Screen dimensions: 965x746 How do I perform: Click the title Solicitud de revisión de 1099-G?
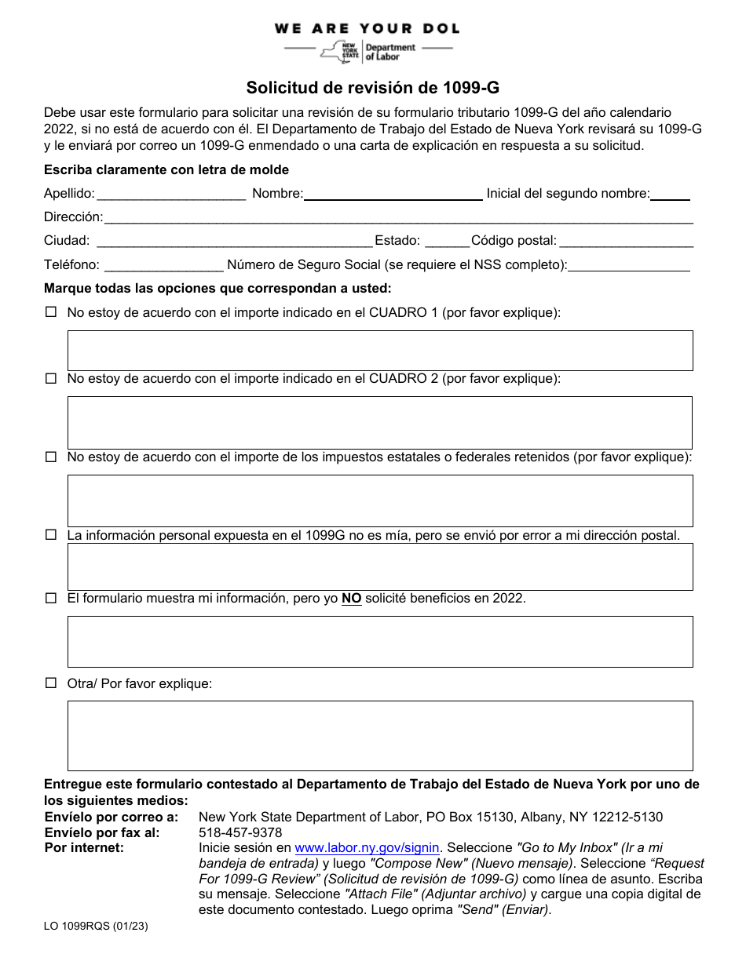[x=373, y=88]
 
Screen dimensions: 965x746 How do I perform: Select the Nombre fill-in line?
[x=393, y=195]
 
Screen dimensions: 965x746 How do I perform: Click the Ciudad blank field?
[x=233, y=242]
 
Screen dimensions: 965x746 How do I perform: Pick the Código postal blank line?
[x=626, y=242]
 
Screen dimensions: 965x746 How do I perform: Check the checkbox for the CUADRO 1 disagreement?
[x=51, y=312]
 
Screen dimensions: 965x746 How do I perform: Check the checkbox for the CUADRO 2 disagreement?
[x=51, y=378]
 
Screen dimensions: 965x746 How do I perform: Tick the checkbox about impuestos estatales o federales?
[x=51, y=457]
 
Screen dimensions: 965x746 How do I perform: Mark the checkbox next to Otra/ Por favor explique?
[x=51, y=683]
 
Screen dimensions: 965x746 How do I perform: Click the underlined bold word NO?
[x=351, y=599]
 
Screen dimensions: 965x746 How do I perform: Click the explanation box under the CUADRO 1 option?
[x=380, y=350]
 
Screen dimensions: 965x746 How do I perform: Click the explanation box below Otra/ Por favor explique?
[x=380, y=735]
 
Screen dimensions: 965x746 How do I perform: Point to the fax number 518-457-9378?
[x=240, y=832]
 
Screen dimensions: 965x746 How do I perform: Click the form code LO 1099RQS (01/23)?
[x=96, y=927]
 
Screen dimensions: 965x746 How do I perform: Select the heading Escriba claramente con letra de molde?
[x=166, y=170]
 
